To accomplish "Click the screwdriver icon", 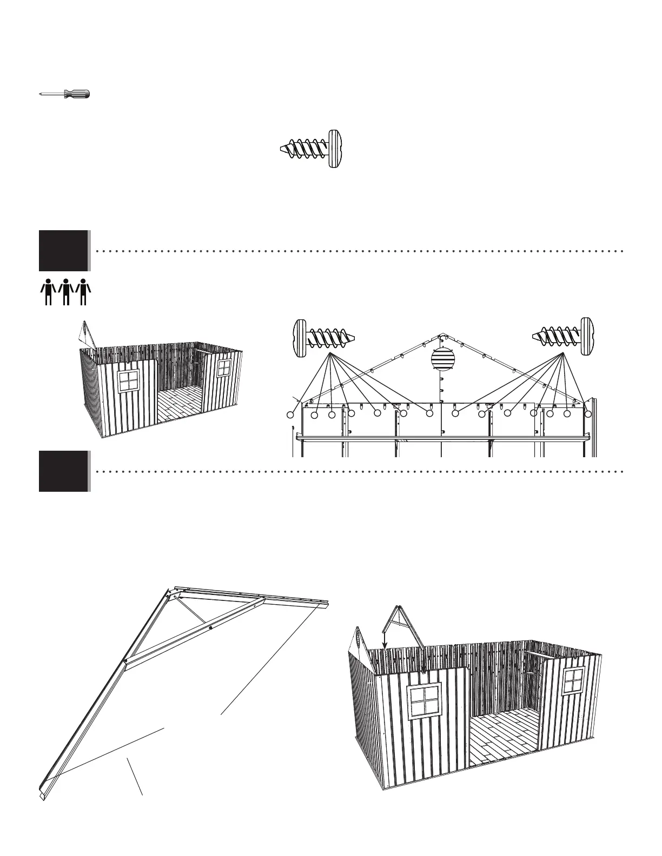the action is click(x=65, y=94).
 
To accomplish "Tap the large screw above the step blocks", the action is click(x=313, y=149).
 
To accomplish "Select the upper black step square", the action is click(x=63, y=250).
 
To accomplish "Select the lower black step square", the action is click(x=63, y=471).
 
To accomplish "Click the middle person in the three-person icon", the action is click(x=65, y=292).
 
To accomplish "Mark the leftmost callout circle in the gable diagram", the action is click(x=291, y=415).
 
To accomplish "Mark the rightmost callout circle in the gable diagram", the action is click(x=588, y=413).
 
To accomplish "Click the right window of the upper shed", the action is click(x=224, y=368).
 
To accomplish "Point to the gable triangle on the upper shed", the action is click(x=87, y=336).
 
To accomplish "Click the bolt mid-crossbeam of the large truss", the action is click(x=210, y=627).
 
